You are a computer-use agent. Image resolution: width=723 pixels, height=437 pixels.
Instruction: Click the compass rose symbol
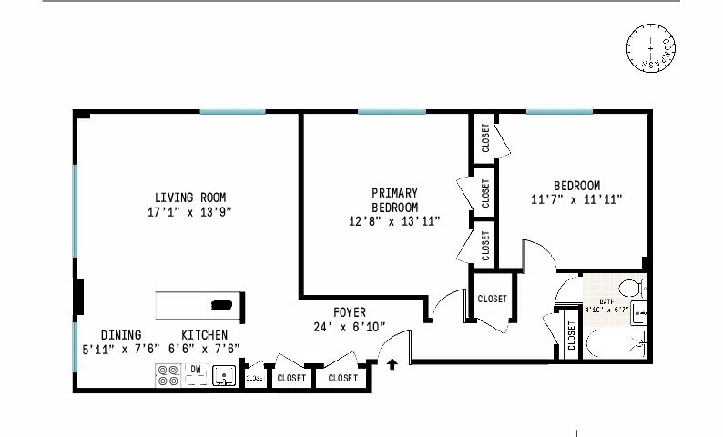(650, 49)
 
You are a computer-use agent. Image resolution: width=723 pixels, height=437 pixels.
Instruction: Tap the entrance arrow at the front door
(392, 365)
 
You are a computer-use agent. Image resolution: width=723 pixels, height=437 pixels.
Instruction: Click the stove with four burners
(168, 375)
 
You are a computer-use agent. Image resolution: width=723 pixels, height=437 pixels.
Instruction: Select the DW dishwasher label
(195, 369)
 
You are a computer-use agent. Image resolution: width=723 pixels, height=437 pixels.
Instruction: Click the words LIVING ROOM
(189, 198)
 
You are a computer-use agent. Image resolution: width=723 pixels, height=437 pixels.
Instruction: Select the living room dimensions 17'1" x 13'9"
(189, 212)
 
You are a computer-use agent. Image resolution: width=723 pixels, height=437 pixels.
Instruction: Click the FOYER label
(350, 311)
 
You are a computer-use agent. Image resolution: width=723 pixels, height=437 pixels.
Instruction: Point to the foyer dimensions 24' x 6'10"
(350, 326)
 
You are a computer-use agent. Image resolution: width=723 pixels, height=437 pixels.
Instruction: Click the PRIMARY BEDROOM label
(394, 199)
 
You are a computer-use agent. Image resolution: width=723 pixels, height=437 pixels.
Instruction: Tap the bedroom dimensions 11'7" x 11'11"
(576, 198)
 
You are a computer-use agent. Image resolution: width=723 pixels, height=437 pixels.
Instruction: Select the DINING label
(121, 335)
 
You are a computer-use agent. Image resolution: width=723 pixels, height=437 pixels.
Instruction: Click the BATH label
(606, 300)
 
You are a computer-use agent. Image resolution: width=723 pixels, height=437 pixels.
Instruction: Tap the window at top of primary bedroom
(391, 111)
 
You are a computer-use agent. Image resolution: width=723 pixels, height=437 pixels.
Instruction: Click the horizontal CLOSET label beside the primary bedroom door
(492, 299)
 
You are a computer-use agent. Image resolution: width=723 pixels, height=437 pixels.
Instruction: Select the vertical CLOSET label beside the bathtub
(570, 335)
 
